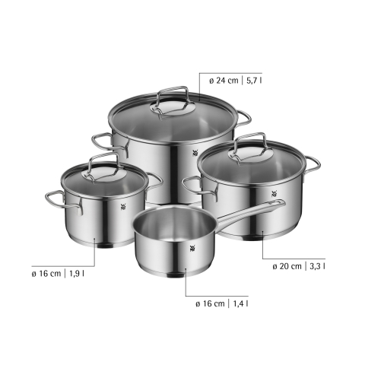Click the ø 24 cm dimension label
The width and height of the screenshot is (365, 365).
(224, 81)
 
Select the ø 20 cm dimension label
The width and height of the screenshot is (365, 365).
(287, 266)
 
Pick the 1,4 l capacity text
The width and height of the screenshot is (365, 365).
(240, 303)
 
